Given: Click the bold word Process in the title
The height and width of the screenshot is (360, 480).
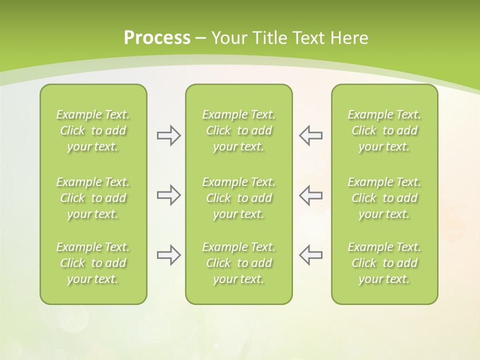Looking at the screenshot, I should (x=157, y=38).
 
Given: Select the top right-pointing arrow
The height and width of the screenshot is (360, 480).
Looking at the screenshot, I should (x=168, y=135).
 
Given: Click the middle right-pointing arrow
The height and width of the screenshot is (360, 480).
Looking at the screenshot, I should (x=168, y=195).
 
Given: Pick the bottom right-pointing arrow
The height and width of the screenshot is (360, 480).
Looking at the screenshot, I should (x=168, y=255).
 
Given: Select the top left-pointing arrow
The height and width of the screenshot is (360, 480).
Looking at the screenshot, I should (x=310, y=135).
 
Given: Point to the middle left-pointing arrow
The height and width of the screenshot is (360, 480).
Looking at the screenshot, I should (x=310, y=195).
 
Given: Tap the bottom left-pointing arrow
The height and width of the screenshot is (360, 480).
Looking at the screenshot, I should (x=310, y=255).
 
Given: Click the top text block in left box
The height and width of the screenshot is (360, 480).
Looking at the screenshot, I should (x=93, y=130).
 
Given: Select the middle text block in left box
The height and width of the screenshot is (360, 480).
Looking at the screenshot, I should (x=93, y=198).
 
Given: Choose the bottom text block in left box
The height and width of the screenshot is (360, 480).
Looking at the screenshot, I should (x=93, y=263).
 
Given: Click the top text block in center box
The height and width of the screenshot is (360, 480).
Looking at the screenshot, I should (x=238, y=130).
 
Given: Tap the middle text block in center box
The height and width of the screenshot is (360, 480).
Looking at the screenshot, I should (x=238, y=198).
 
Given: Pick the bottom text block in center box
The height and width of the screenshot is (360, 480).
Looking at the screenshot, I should (x=238, y=263).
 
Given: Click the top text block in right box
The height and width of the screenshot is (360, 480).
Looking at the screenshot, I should (x=384, y=130).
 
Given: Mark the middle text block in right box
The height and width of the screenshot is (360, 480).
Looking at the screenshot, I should (x=384, y=198).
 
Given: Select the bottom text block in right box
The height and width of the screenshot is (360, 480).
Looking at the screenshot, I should (x=384, y=263).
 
